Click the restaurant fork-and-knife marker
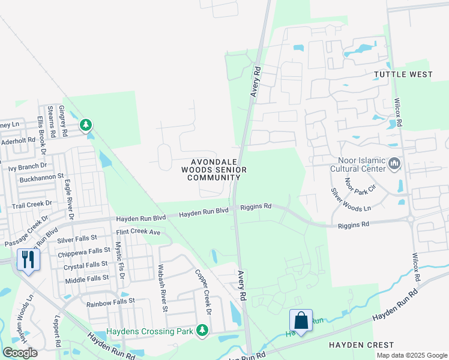(28, 259)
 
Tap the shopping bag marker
(301, 320)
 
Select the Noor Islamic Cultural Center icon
(394, 163)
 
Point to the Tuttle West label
(403, 74)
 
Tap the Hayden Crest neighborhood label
(361, 345)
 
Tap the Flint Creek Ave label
(138, 232)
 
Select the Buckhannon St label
(41, 177)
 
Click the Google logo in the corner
(20, 352)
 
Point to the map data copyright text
(412, 355)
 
